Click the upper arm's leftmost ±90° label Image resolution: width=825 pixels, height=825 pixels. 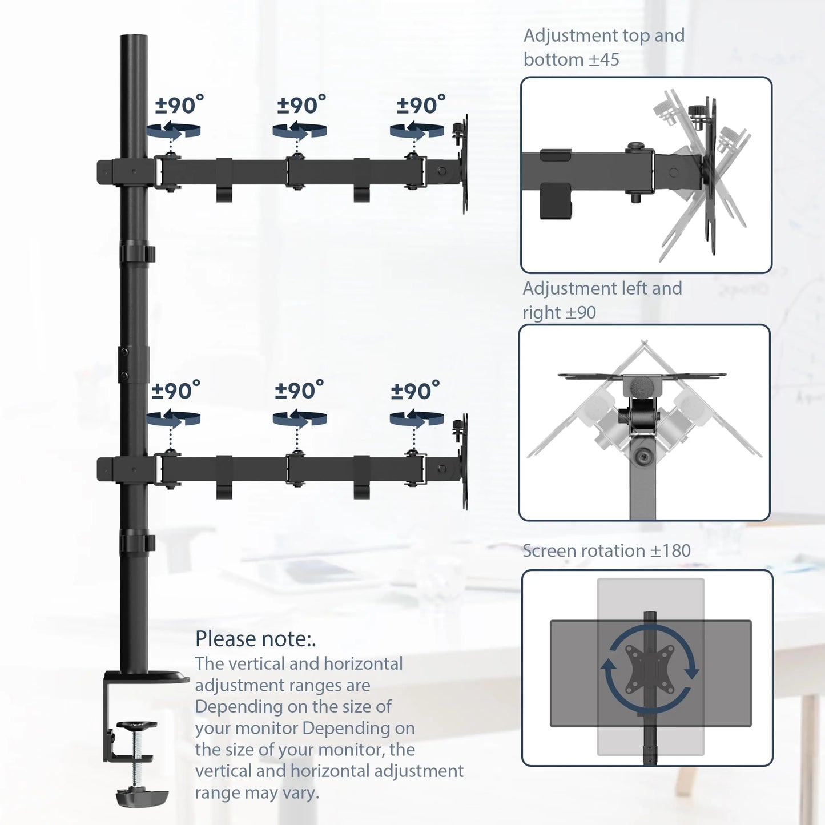click(x=179, y=105)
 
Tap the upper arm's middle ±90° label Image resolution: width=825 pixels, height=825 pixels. click(x=301, y=105)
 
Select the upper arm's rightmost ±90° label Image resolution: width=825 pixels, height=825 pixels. click(x=421, y=105)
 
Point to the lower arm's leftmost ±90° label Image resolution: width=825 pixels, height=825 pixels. click(x=176, y=390)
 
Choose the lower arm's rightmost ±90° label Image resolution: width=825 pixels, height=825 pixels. click(x=415, y=390)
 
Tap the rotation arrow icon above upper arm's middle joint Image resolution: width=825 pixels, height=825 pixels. click(x=300, y=130)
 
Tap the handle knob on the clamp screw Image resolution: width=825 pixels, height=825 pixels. click(x=136, y=726)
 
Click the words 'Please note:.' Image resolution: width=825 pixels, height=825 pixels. click(x=256, y=639)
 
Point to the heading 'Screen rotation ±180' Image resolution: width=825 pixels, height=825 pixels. click(x=607, y=550)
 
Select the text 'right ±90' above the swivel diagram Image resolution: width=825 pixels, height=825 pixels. click(x=559, y=312)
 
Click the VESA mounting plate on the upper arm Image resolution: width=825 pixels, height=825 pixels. click(x=464, y=164)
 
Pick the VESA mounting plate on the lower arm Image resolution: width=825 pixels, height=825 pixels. click(x=464, y=462)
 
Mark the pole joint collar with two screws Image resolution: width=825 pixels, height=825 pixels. click(x=134, y=364)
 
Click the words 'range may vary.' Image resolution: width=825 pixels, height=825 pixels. click(x=257, y=792)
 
